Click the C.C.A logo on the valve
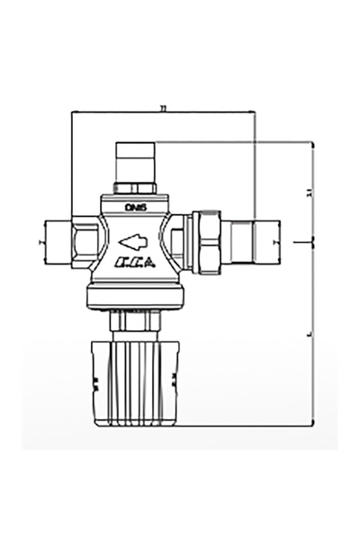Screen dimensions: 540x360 pos(135,264)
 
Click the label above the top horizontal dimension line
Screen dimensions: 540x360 pos(163,106)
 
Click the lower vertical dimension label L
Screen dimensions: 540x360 pos(308,333)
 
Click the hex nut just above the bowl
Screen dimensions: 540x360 pos(135,321)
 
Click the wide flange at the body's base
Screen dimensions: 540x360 pos(135,297)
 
